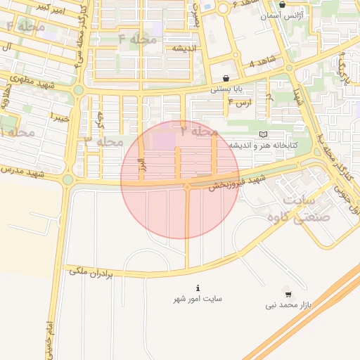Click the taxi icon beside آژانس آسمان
(x=283, y=4)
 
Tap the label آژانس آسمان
(x=282, y=15)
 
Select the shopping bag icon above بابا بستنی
(x=225, y=78)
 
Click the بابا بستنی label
(x=227, y=89)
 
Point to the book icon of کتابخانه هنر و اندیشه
(x=263, y=134)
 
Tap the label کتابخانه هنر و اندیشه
(x=264, y=145)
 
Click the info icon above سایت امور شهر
(x=198, y=288)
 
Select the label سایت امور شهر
(x=198, y=299)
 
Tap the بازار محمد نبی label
(x=288, y=305)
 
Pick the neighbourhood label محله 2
(x=200, y=131)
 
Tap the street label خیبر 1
(x=56, y=117)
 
